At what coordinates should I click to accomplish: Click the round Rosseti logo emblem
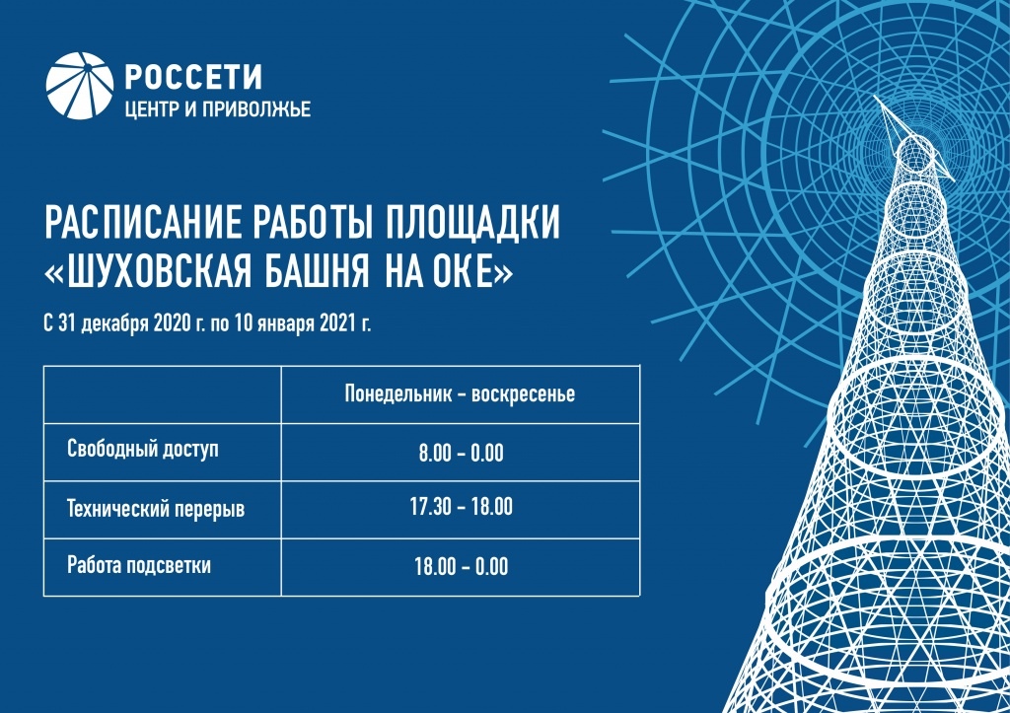coord(80,87)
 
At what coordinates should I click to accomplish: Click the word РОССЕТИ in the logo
coord(193,77)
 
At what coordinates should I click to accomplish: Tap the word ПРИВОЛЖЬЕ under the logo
coord(256,109)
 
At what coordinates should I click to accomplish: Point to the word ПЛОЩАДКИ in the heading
coord(473,223)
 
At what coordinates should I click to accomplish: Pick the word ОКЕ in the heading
coord(464,271)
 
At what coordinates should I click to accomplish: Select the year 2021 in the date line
coord(338,323)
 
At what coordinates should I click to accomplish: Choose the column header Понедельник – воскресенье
coord(460,393)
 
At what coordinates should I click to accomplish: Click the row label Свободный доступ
coord(143,450)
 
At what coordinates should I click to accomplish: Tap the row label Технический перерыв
coord(156,509)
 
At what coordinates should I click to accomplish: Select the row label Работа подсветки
coord(139,565)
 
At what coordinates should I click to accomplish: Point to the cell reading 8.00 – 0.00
coord(462,453)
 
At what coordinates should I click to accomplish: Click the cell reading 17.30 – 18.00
coord(462,507)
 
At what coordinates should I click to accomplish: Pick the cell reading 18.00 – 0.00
coord(462,567)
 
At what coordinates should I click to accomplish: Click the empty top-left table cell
coord(163,394)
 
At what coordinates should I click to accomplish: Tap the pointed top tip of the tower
coord(875,97)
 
